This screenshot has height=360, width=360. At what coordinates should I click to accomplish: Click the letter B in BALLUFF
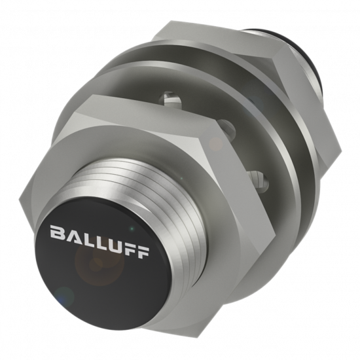58,232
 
